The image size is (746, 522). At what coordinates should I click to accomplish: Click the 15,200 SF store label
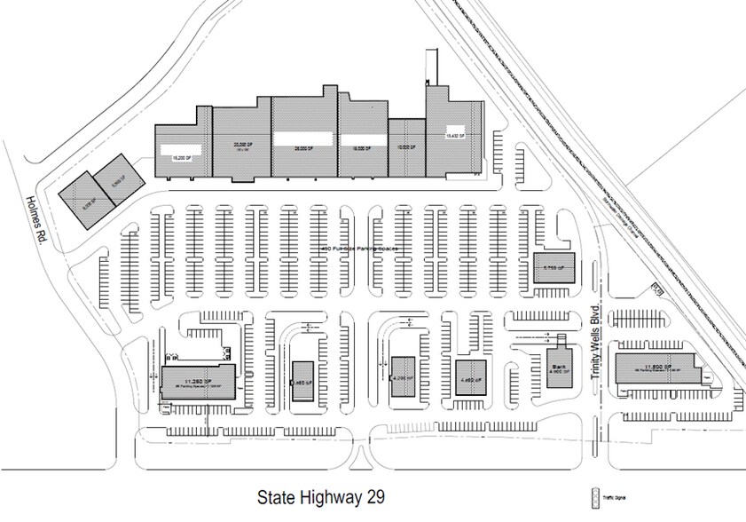183,154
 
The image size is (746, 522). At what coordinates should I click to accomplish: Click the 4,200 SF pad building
403,375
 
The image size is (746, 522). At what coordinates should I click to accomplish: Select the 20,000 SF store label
240,144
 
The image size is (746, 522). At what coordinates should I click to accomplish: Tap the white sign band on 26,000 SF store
304,138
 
